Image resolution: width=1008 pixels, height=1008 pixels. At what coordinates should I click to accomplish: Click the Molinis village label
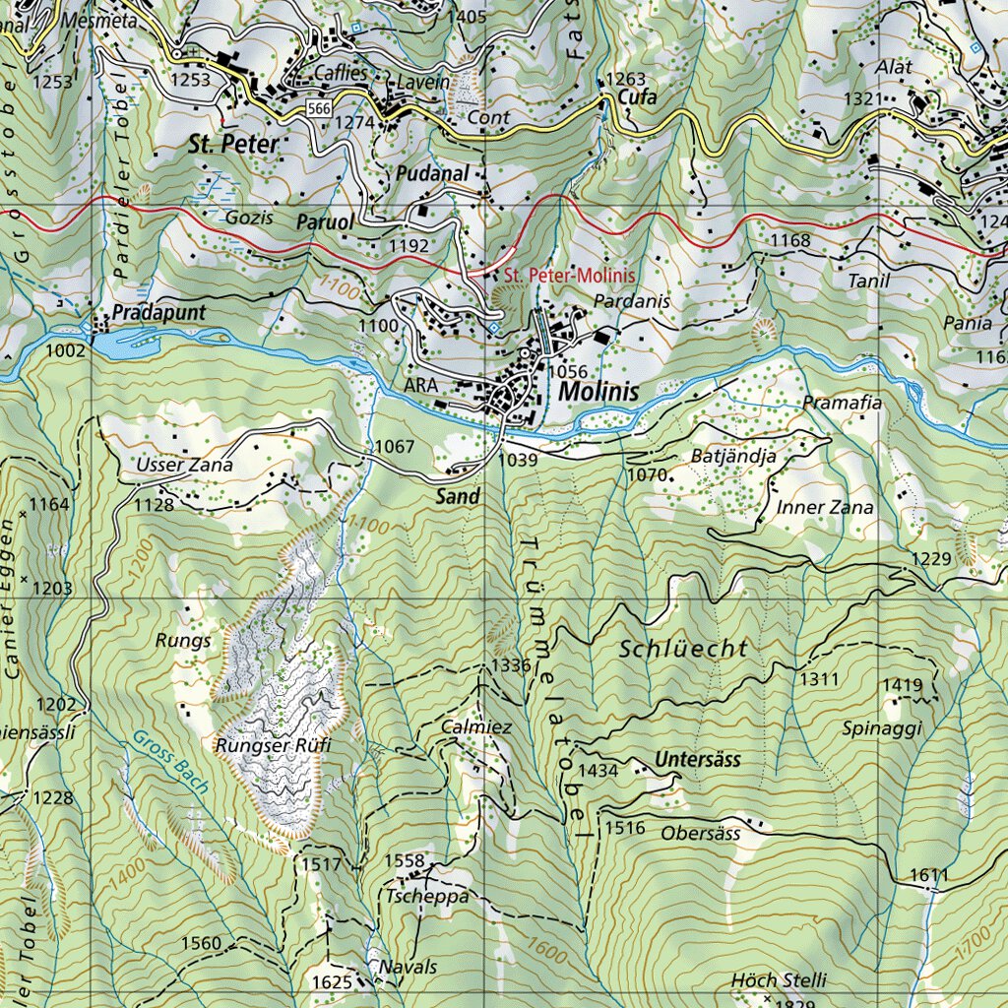pyautogui.click(x=598, y=392)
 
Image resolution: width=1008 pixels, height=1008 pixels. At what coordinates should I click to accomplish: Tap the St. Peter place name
pyautogui.click(x=233, y=144)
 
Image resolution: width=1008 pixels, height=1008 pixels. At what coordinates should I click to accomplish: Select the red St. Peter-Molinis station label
pyautogui.click(x=569, y=276)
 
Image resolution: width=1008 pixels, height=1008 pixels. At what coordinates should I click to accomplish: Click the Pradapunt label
pyautogui.click(x=158, y=312)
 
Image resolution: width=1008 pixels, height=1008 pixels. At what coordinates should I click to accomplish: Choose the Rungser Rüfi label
pyautogui.click(x=274, y=745)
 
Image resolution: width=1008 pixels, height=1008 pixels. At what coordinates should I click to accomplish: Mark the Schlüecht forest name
pyautogui.click(x=684, y=649)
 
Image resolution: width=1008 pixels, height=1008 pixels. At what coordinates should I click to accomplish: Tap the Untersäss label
pyautogui.click(x=697, y=760)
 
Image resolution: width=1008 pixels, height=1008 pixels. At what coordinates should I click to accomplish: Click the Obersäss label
pyautogui.click(x=700, y=833)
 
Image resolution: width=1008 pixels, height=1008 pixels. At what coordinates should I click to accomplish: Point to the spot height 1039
pyautogui.click(x=519, y=460)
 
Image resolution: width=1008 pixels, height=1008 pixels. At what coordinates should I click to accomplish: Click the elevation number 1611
pyautogui.click(x=928, y=875)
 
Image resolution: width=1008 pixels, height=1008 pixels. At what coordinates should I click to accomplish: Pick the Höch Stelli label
pyautogui.click(x=779, y=980)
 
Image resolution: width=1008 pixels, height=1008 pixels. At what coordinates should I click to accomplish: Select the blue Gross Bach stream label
pyautogui.click(x=166, y=758)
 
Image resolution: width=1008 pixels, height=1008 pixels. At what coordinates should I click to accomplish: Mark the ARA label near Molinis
pyautogui.click(x=419, y=386)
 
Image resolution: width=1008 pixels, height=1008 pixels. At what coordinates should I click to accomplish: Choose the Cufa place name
pyautogui.click(x=637, y=97)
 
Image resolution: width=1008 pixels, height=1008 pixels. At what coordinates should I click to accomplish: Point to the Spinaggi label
pyautogui.click(x=882, y=728)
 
